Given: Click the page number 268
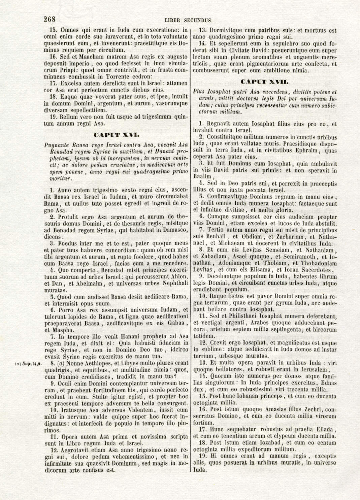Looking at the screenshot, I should (50, 19).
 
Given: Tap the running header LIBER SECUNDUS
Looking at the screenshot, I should (188, 21).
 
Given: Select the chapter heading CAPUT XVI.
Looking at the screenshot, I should (116, 135).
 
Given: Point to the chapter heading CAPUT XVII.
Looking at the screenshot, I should (264, 82).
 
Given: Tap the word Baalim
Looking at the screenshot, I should (202, 176).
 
